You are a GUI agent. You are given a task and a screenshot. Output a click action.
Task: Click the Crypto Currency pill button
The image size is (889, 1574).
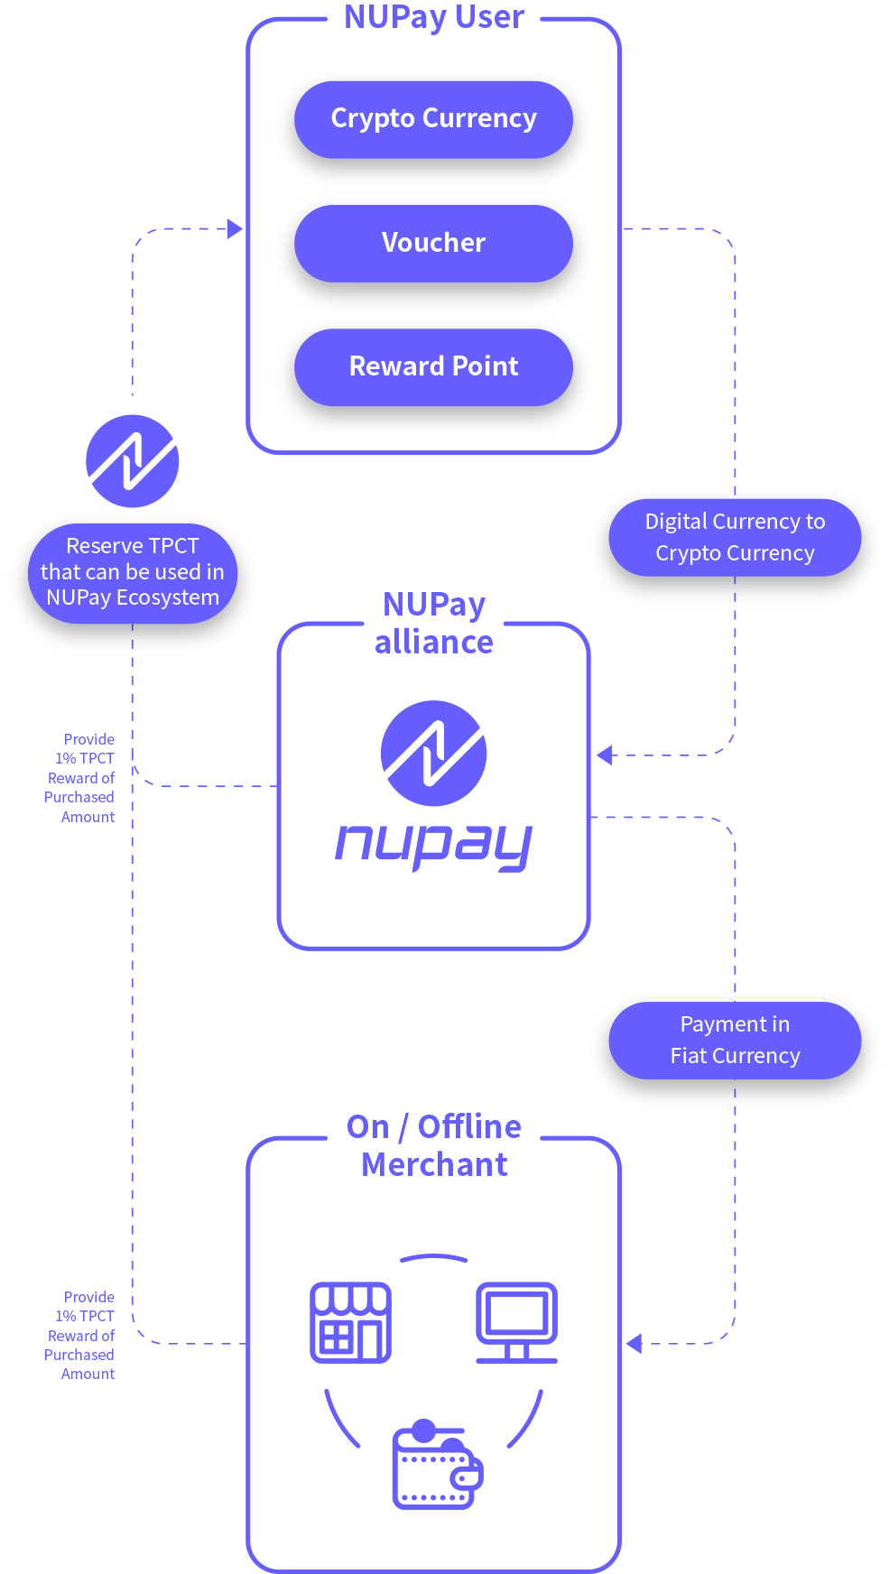(x=433, y=119)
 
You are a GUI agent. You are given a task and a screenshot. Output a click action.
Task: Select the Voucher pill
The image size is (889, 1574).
(x=433, y=243)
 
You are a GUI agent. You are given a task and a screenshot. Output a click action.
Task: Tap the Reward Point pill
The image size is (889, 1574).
(x=433, y=366)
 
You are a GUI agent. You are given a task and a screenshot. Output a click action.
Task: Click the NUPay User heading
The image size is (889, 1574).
(x=433, y=18)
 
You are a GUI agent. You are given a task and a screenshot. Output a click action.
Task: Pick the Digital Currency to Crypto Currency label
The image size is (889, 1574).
(x=735, y=537)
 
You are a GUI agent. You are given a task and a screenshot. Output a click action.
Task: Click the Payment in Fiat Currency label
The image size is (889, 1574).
(x=735, y=1040)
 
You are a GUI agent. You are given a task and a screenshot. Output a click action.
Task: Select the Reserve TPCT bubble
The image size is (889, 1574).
(x=133, y=572)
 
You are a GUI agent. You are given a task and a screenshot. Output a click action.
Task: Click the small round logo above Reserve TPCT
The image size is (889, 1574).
(x=133, y=461)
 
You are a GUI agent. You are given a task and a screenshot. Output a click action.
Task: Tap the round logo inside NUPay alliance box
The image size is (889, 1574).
(x=433, y=753)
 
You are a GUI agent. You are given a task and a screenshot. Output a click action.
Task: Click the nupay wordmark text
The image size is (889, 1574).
(x=433, y=846)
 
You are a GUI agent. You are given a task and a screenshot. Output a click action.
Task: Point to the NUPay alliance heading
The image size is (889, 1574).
(x=433, y=623)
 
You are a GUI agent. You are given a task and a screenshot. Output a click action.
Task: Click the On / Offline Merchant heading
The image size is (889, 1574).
(x=433, y=1145)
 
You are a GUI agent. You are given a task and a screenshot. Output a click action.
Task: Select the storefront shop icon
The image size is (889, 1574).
(x=350, y=1322)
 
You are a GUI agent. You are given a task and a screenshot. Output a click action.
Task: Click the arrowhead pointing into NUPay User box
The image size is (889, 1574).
(x=235, y=229)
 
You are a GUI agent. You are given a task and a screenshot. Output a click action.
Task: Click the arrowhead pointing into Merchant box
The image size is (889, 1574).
(x=634, y=1343)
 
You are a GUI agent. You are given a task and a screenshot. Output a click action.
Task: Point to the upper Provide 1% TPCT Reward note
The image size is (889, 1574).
(x=81, y=778)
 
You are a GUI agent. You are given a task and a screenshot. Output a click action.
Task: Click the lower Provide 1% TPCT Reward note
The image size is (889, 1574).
(x=81, y=1336)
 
